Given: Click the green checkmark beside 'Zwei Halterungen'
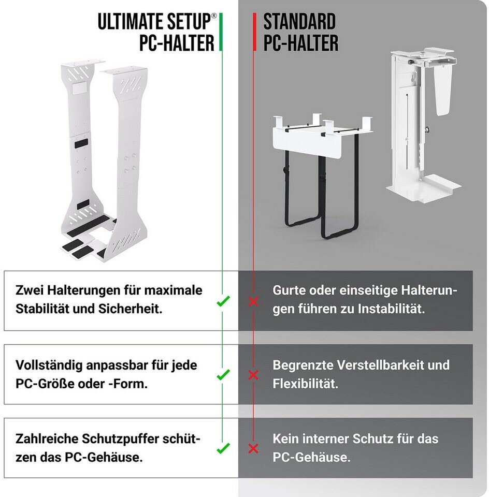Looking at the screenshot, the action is (223, 301).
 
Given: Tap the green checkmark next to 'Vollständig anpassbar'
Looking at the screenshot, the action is (223, 375).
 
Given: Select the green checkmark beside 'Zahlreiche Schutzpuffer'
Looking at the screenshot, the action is (223, 448).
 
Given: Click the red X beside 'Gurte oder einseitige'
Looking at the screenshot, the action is (253, 301).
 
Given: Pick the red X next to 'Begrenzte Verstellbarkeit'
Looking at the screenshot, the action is (253, 375).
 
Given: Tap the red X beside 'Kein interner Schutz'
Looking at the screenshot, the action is (253, 448).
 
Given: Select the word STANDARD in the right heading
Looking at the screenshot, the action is (299, 22).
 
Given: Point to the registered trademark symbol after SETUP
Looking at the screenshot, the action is (214, 16).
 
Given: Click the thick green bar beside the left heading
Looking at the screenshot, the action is (221, 32).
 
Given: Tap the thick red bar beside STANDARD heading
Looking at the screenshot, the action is (255, 32).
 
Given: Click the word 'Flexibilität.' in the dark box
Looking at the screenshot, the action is (306, 384).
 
